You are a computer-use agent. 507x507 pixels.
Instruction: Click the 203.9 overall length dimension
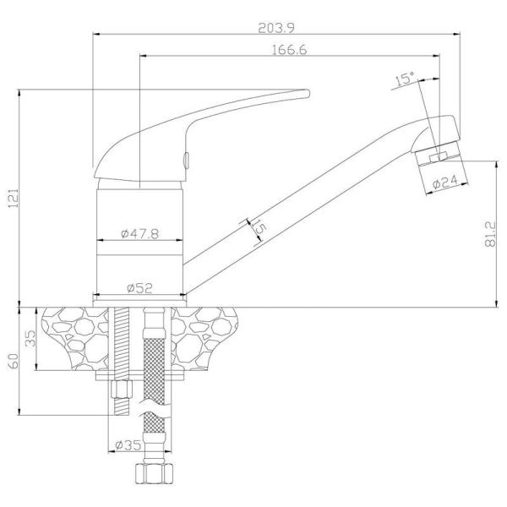click(276, 28)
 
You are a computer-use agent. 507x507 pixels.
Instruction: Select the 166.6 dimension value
click(289, 50)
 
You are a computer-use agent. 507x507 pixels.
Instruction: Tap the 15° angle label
click(405, 79)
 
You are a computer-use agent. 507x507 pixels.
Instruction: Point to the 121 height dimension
click(14, 199)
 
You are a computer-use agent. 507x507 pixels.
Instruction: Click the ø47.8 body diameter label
click(140, 233)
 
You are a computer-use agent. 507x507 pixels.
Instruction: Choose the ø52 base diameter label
click(139, 288)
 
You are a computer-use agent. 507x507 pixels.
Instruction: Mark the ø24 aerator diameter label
click(445, 182)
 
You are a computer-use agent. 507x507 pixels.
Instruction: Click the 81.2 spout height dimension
click(490, 234)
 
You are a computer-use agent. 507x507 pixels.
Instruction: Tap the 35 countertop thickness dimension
click(31, 338)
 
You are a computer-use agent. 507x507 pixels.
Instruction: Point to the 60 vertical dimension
click(14, 361)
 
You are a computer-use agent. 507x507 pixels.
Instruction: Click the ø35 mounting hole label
click(128, 445)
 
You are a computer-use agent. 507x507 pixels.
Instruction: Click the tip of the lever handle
click(309, 94)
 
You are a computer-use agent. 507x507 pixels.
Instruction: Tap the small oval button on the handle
click(186, 160)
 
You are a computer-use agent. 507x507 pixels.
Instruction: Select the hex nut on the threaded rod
click(122, 390)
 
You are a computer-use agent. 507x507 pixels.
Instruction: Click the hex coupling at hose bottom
click(154, 474)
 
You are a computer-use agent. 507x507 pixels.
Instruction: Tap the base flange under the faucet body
click(139, 303)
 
